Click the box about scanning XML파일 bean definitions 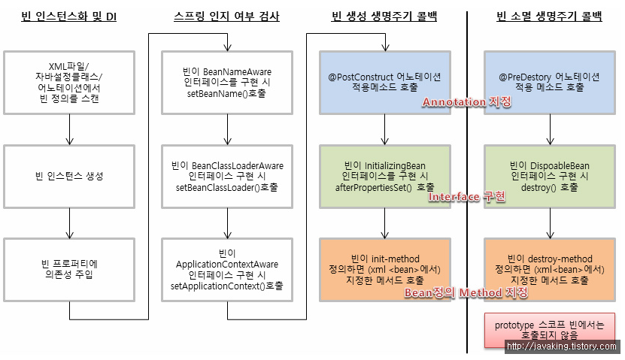69,83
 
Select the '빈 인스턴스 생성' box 69,176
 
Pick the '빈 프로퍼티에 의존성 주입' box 69,270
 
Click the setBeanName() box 226,83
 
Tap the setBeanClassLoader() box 226,176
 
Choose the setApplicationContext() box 226,270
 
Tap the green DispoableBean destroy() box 549,176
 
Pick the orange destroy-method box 549,269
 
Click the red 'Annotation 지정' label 466,102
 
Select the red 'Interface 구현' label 466,197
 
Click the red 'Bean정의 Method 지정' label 466,292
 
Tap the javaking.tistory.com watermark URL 563,346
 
